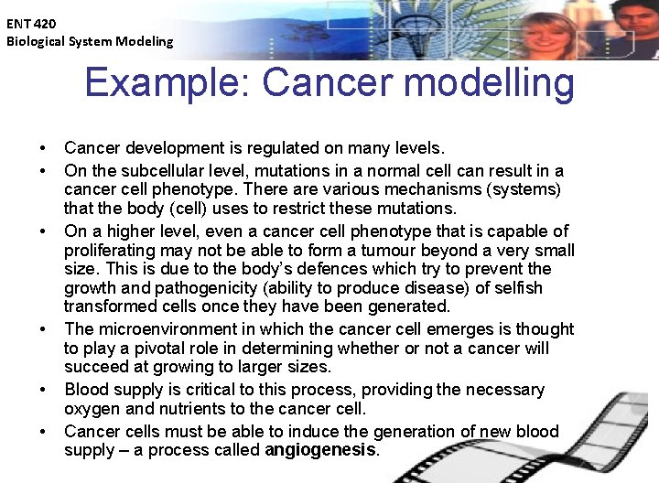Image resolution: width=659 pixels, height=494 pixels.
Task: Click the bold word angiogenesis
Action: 320,450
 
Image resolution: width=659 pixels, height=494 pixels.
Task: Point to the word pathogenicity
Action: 176,289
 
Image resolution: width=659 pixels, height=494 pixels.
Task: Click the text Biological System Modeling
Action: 89,41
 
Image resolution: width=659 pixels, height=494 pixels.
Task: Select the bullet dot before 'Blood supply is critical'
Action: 43,391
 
